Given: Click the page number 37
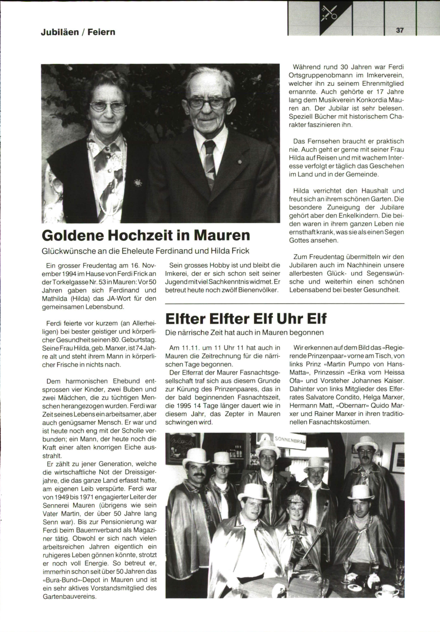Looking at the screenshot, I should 400,30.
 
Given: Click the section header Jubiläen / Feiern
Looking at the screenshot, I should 78,32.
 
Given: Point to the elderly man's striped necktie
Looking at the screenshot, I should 210,162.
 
